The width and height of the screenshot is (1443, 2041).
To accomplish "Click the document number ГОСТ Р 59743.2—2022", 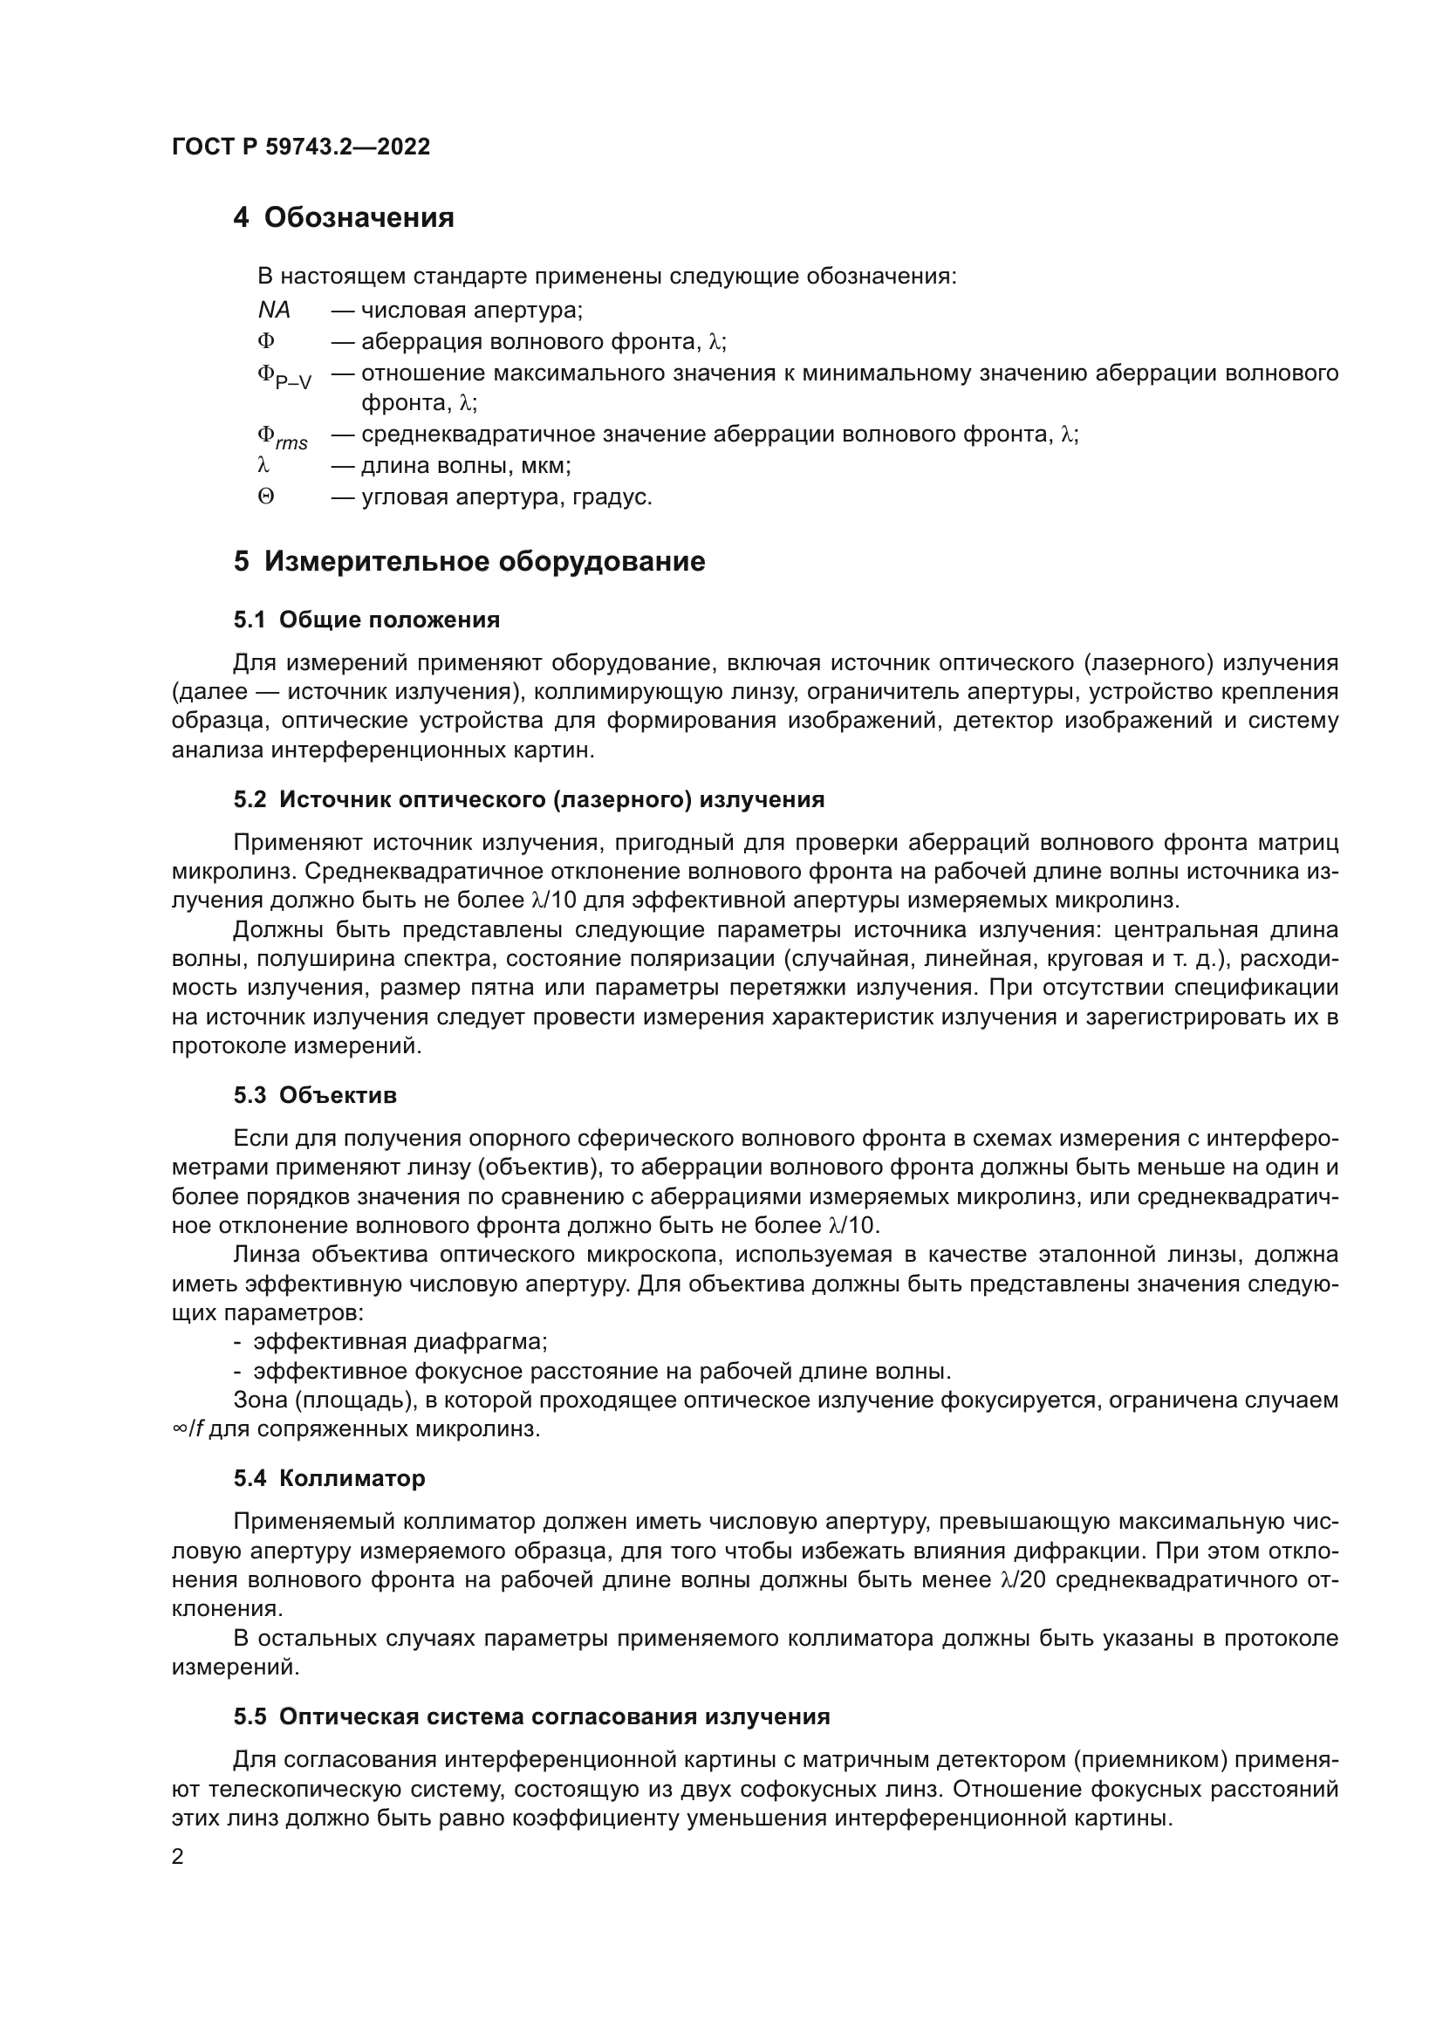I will point(300,147).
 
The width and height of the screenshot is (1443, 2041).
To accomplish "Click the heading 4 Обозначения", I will point(343,218).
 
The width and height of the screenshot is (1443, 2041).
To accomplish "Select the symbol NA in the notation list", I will point(274,311).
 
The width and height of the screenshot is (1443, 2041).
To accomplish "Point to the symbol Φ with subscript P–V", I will point(284,377).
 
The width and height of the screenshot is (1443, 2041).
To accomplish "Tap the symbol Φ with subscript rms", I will point(282,437).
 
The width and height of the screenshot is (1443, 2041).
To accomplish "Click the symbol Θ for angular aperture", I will point(266,497).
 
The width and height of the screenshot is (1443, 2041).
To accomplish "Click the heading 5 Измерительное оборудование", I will point(469,562).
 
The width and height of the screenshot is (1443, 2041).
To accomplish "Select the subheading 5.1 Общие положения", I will point(366,620).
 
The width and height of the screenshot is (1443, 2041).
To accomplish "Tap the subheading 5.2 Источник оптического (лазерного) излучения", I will point(529,799).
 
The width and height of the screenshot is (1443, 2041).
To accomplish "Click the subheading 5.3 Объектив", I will point(315,1095).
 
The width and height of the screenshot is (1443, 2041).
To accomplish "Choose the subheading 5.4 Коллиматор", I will point(329,1478).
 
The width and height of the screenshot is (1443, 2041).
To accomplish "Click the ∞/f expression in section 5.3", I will point(188,1430).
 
